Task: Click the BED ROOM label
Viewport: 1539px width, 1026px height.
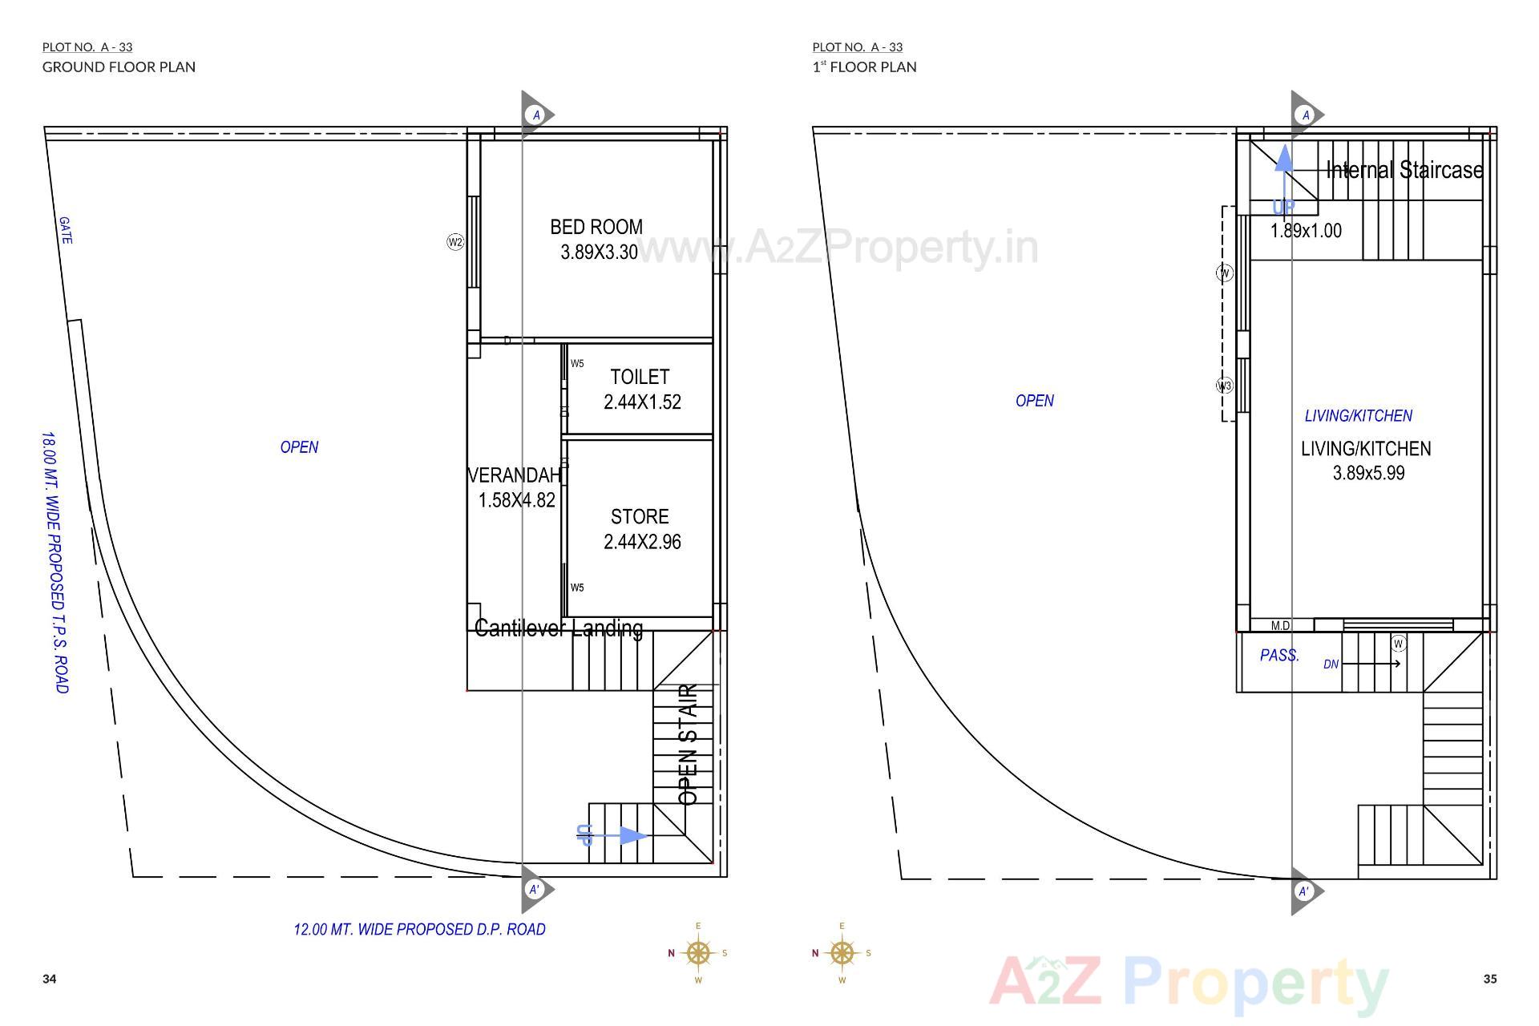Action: coord(596,227)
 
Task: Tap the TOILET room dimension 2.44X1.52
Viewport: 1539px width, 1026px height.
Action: coord(642,402)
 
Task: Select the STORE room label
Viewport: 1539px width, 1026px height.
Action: coord(640,517)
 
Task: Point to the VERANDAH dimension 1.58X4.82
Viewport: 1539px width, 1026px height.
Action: coord(516,500)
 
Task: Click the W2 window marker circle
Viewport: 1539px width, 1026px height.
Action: coord(455,242)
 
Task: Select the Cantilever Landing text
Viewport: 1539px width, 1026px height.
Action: coord(559,628)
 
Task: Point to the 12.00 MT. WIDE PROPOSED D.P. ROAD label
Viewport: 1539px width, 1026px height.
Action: coord(419,930)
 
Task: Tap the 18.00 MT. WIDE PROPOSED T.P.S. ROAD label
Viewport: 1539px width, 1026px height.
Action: coord(55,562)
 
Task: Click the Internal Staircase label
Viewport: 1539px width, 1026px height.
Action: coord(1404,170)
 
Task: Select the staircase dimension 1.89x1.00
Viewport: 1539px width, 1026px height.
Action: coord(1306,231)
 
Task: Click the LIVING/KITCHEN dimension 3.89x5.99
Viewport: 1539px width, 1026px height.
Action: coord(1368,473)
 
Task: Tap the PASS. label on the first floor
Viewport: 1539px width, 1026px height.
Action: coord(1279,656)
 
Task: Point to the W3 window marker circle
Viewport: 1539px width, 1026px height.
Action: coord(1224,386)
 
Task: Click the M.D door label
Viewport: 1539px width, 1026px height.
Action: coord(1280,626)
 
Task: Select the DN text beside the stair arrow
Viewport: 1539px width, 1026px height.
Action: coord(1331,664)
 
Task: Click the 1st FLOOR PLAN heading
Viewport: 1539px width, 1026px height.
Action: coord(864,67)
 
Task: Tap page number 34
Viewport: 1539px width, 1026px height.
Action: coord(50,979)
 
